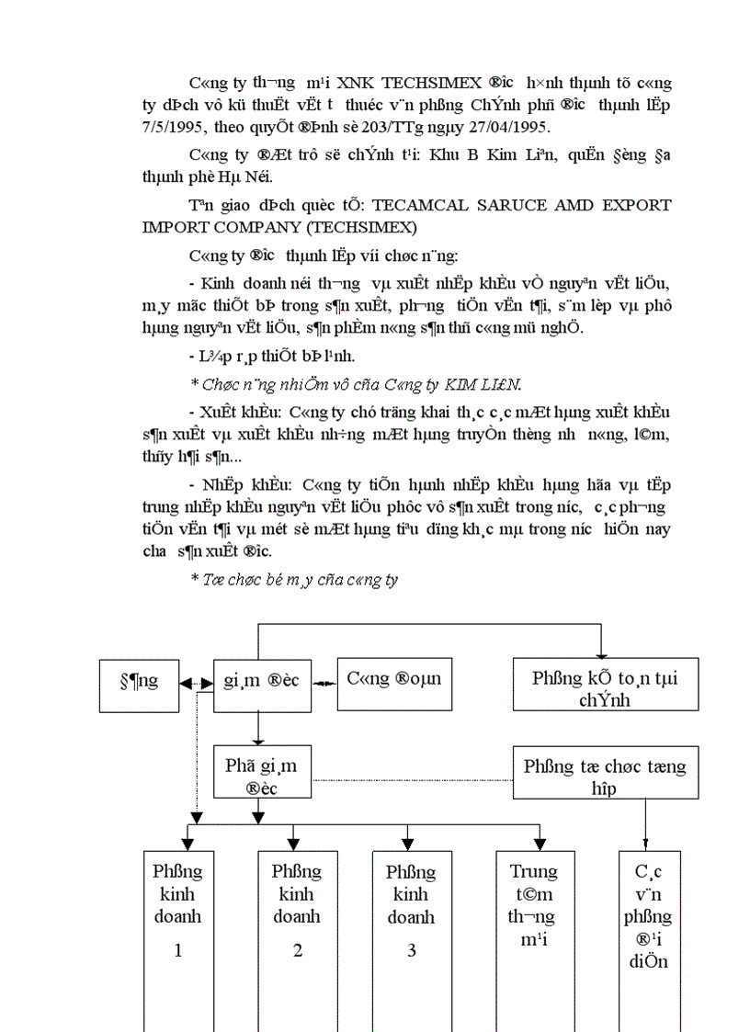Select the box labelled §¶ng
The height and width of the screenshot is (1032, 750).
click(140, 682)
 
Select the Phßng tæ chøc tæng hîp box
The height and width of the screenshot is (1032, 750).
click(604, 776)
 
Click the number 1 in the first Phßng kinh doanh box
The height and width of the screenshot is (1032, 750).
click(178, 950)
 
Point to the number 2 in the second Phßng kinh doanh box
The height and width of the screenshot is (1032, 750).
click(297, 950)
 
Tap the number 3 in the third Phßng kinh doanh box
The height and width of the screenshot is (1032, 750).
click(411, 950)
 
